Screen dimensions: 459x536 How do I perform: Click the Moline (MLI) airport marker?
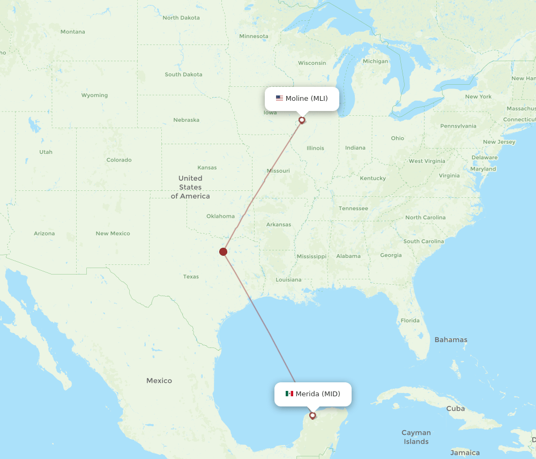point(302,120)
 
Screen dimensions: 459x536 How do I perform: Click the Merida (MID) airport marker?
point(312,415)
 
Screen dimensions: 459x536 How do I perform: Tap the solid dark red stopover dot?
point(224,251)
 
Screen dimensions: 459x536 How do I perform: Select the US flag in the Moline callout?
point(279,98)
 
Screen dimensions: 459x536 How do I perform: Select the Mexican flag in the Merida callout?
point(289,394)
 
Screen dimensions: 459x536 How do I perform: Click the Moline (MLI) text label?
point(307,98)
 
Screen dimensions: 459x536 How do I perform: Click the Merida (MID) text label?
point(318,394)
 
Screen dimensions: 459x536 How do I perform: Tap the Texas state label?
point(191,277)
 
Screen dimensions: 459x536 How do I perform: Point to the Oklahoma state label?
point(220,216)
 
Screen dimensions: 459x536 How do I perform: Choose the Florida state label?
point(410,321)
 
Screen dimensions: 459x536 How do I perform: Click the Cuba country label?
point(456,409)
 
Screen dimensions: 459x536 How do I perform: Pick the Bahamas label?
point(451,339)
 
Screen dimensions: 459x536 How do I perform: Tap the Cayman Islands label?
point(416,437)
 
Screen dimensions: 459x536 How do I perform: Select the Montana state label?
point(72,32)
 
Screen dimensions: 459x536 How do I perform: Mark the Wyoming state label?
point(94,95)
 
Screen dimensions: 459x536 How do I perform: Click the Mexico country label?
point(159,381)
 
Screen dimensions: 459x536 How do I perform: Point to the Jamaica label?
point(465,453)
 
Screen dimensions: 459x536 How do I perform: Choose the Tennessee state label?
point(353,208)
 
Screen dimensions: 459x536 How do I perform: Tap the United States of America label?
point(190,187)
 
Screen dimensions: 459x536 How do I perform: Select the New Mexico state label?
point(113,233)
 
